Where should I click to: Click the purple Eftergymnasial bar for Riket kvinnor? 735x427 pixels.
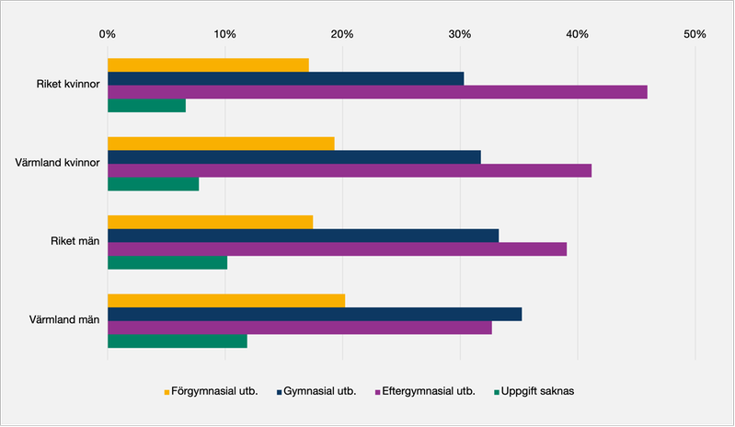tap(377, 92)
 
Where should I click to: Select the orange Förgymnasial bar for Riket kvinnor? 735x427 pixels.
tap(208, 64)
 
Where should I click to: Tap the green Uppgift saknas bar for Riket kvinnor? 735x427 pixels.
tap(146, 106)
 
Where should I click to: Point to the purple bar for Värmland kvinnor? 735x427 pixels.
tap(350, 170)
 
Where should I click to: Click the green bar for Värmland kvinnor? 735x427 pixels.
tap(153, 184)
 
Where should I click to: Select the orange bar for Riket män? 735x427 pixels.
tap(210, 222)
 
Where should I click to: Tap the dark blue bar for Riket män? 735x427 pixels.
tap(303, 236)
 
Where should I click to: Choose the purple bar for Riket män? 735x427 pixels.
tap(337, 249)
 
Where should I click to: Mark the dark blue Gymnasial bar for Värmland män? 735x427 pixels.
tap(315, 314)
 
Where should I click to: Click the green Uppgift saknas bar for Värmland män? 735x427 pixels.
tap(178, 341)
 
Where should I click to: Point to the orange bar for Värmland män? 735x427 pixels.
tap(226, 300)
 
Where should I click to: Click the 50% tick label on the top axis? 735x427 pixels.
tap(695, 34)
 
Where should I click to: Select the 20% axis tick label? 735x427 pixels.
tap(342, 34)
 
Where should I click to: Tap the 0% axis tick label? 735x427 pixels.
tap(108, 34)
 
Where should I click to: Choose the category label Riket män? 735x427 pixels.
tap(74, 242)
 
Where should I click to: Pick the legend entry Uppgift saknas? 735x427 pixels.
tap(537, 391)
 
